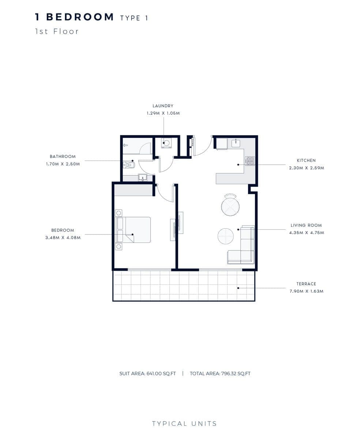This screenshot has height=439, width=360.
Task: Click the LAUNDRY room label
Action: pyautogui.click(x=163, y=106)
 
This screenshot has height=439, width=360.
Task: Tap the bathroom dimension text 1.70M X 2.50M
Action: pyautogui.click(x=63, y=164)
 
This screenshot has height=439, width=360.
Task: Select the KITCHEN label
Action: pyautogui.click(x=306, y=161)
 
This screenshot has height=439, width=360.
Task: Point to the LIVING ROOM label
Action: pyautogui.click(x=306, y=225)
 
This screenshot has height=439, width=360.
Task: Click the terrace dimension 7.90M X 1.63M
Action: pyautogui.click(x=306, y=291)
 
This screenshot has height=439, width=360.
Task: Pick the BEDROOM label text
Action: pyautogui.click(x=63, y=230)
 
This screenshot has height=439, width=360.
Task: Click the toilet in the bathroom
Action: pyautogui.click(x=129, y=165)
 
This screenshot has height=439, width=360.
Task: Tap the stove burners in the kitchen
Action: pyautogui.click(x=250, y=161)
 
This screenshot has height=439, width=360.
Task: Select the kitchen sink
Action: pyautogui.click(x=236, y=143)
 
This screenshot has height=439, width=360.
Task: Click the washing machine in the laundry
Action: pyautogui.click(x=166, y=143)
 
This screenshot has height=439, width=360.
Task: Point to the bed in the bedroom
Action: pyautogui.click(x=133, y=230)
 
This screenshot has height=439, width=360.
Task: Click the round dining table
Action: pyautogui.click(x=230, y=207)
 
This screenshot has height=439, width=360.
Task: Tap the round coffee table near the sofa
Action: pyautogui.click(x=225, y=236)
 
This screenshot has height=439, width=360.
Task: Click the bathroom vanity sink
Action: pyautogui.click(x=142, y=177)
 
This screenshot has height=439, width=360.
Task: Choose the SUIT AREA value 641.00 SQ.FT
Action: pyautogui.click(x=161, y=374)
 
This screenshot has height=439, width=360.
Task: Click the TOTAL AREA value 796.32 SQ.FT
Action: pyautogui.click(x=236, y=374)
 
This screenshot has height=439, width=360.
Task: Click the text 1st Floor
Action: pyautogui.click(x=57, y=31)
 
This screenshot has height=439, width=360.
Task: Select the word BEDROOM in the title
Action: pyautogui.click(x=80, y=17)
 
